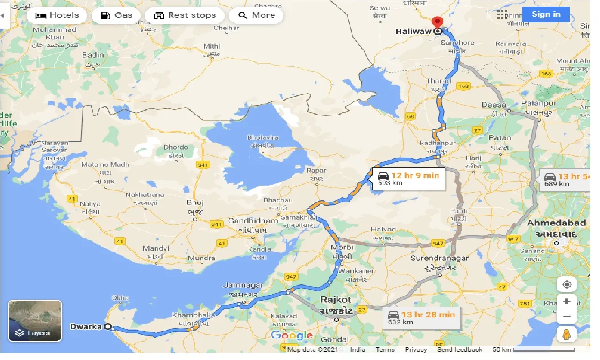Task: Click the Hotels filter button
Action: coord(57,15)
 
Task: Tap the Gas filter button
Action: coord(117,15)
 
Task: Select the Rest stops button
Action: coord(185,15)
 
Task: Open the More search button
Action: coord(257,15)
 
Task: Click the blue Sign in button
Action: coord(546,14)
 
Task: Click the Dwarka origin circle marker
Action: coord(109,327)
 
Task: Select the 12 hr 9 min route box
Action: coord(408,179)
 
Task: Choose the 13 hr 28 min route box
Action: coord(421,318)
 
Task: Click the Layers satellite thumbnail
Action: coord(35,321)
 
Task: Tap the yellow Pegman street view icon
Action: coord(566,334)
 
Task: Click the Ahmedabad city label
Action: coord(556,223)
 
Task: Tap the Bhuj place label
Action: coord(194,203)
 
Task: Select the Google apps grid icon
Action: coord(502,14)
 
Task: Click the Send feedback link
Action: coord(459,350)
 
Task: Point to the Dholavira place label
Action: coord(263,138)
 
